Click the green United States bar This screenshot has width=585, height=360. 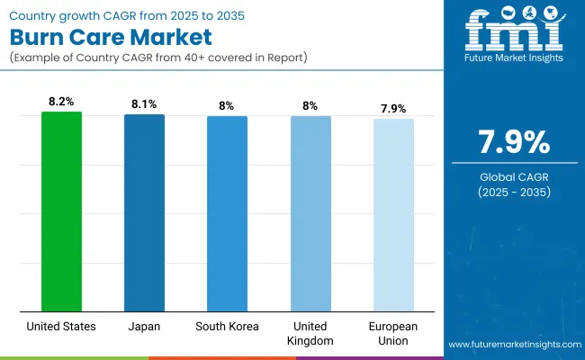click(x=61, y=211)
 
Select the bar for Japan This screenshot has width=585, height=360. click(x=144, y=212)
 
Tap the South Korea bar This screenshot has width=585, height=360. click(x=227, y=213)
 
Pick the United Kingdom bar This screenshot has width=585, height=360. click(x=310, y=213)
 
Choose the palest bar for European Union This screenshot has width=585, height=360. click(x=393, y=215)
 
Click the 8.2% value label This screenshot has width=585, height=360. click(x=61, y=101)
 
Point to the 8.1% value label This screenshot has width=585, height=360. click(x=144, y=103)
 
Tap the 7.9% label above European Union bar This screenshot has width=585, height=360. click(x=393, y=108)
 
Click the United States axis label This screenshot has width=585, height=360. click(x=61, y=325)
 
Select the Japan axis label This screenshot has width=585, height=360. click(x=144, y=325)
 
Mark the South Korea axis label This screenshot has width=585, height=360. click(x=227, y=325)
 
